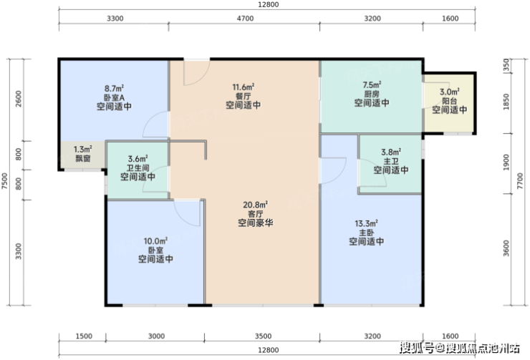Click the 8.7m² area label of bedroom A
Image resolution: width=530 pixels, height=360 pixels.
pos(114,89)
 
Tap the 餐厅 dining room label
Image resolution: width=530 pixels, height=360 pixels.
pos(243,96)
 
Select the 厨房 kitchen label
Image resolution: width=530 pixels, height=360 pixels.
pos(372,94)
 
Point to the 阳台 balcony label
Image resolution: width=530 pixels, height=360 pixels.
pos(450,101)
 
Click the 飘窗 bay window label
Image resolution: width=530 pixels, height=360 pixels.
pos(83,158)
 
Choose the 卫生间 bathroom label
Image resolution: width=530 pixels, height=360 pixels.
pos(138,167)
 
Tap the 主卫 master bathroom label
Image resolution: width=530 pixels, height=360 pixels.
pos(391,162)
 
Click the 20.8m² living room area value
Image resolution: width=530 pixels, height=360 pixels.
pos(255,205)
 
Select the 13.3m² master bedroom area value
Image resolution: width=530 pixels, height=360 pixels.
pos(366,223)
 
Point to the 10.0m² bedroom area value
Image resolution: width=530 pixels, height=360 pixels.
pos(155,241)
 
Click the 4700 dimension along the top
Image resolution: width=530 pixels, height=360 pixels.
pos(245,18)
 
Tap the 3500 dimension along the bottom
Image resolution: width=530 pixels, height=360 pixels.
pos(263,336)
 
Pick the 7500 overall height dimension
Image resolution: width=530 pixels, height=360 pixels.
pos(5,181)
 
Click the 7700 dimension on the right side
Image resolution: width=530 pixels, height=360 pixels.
pos(520,181)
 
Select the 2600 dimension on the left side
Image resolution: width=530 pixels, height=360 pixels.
pos(19,99)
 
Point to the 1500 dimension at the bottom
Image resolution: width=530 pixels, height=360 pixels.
pos(84,336)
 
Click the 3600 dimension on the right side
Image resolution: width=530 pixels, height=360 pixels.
pos(506,248)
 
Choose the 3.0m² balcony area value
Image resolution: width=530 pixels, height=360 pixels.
pos(450,92)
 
